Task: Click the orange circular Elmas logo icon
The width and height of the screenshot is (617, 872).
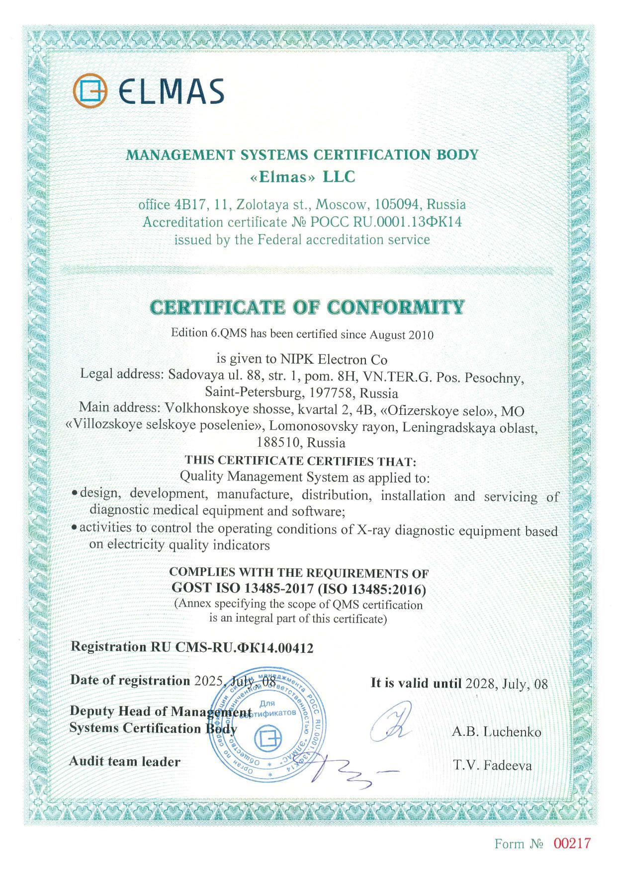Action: [x=90, y=91]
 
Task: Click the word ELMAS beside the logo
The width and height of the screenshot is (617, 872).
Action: [x=172, y=92]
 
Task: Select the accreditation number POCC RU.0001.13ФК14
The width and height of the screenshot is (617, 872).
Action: [x=386, y=222]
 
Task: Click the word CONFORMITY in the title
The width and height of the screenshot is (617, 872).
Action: [x=396, y=308]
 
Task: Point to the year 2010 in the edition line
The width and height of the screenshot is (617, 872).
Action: [x=421, y=335]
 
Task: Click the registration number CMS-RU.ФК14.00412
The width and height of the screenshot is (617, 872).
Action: [x=245, y=647]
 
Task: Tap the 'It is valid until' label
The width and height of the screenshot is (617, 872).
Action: [x=416, y=683]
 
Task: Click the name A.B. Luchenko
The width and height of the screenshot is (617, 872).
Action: [x=496, y=732]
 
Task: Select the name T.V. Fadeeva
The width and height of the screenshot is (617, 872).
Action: [x=492, y=766]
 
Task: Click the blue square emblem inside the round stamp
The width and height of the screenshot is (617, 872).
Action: [x=267, y=739]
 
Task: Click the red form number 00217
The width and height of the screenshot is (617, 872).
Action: [x=572, y=843]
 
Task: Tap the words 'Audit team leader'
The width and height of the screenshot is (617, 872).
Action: [x=125, y=762]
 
